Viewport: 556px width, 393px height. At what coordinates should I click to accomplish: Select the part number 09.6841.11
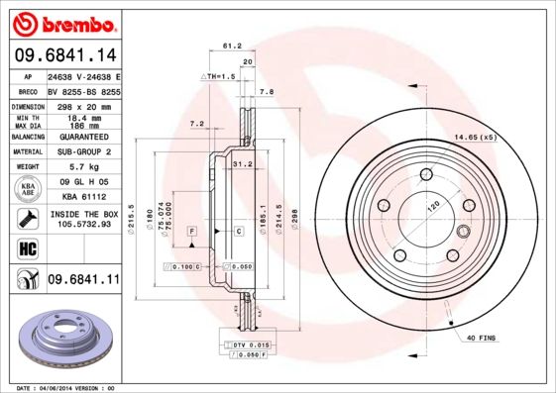[x=82, y=280]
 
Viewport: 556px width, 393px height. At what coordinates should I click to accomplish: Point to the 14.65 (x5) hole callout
[x=474, y=138]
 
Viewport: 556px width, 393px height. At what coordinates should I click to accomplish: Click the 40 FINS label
[x=480, y=339]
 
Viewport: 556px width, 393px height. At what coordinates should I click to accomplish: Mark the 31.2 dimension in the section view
[x=241, y=163]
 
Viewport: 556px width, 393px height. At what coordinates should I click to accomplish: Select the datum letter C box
[x=239, y=231]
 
